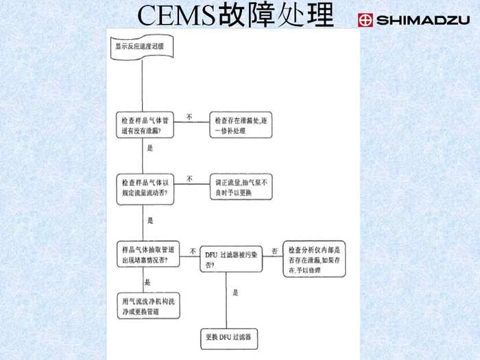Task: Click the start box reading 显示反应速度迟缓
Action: click(141, 47)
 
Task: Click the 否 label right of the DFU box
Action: click(274, 251)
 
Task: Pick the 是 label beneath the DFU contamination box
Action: click(235, 293)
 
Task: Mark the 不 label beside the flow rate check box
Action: click(189, 180)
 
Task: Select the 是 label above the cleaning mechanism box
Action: click(147, 283)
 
